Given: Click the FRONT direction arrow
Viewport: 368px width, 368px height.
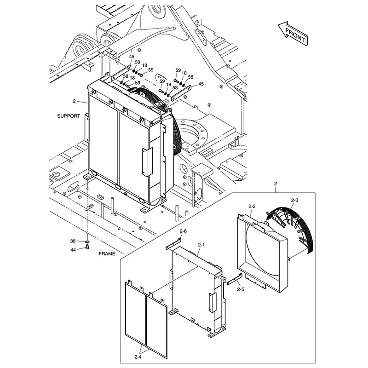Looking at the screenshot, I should click(x=292, y=33).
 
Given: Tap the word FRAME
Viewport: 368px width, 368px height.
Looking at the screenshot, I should click(x=106, y=253).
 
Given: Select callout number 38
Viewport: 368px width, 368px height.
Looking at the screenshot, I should click(x=73, y=241).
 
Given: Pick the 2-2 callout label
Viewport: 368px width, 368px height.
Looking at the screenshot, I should click(x=252, y=207).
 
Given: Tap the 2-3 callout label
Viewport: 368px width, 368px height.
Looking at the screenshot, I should click(x=295, y=200).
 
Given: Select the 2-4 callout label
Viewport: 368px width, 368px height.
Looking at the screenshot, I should click(x=138, y=356).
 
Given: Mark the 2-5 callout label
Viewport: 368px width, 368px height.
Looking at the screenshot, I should click(x=241, y=289).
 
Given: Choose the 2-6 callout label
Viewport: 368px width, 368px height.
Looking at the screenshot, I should click(x=183, y=231).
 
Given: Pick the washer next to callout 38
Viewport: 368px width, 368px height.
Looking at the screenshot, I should click(x=87, y=241).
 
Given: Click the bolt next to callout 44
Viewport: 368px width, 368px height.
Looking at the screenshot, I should click(x=87, y=248).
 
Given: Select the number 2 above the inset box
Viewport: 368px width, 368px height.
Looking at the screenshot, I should click(x=275, y=184).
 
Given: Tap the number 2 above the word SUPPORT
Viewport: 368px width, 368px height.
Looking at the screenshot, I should click(x=74, y=101).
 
